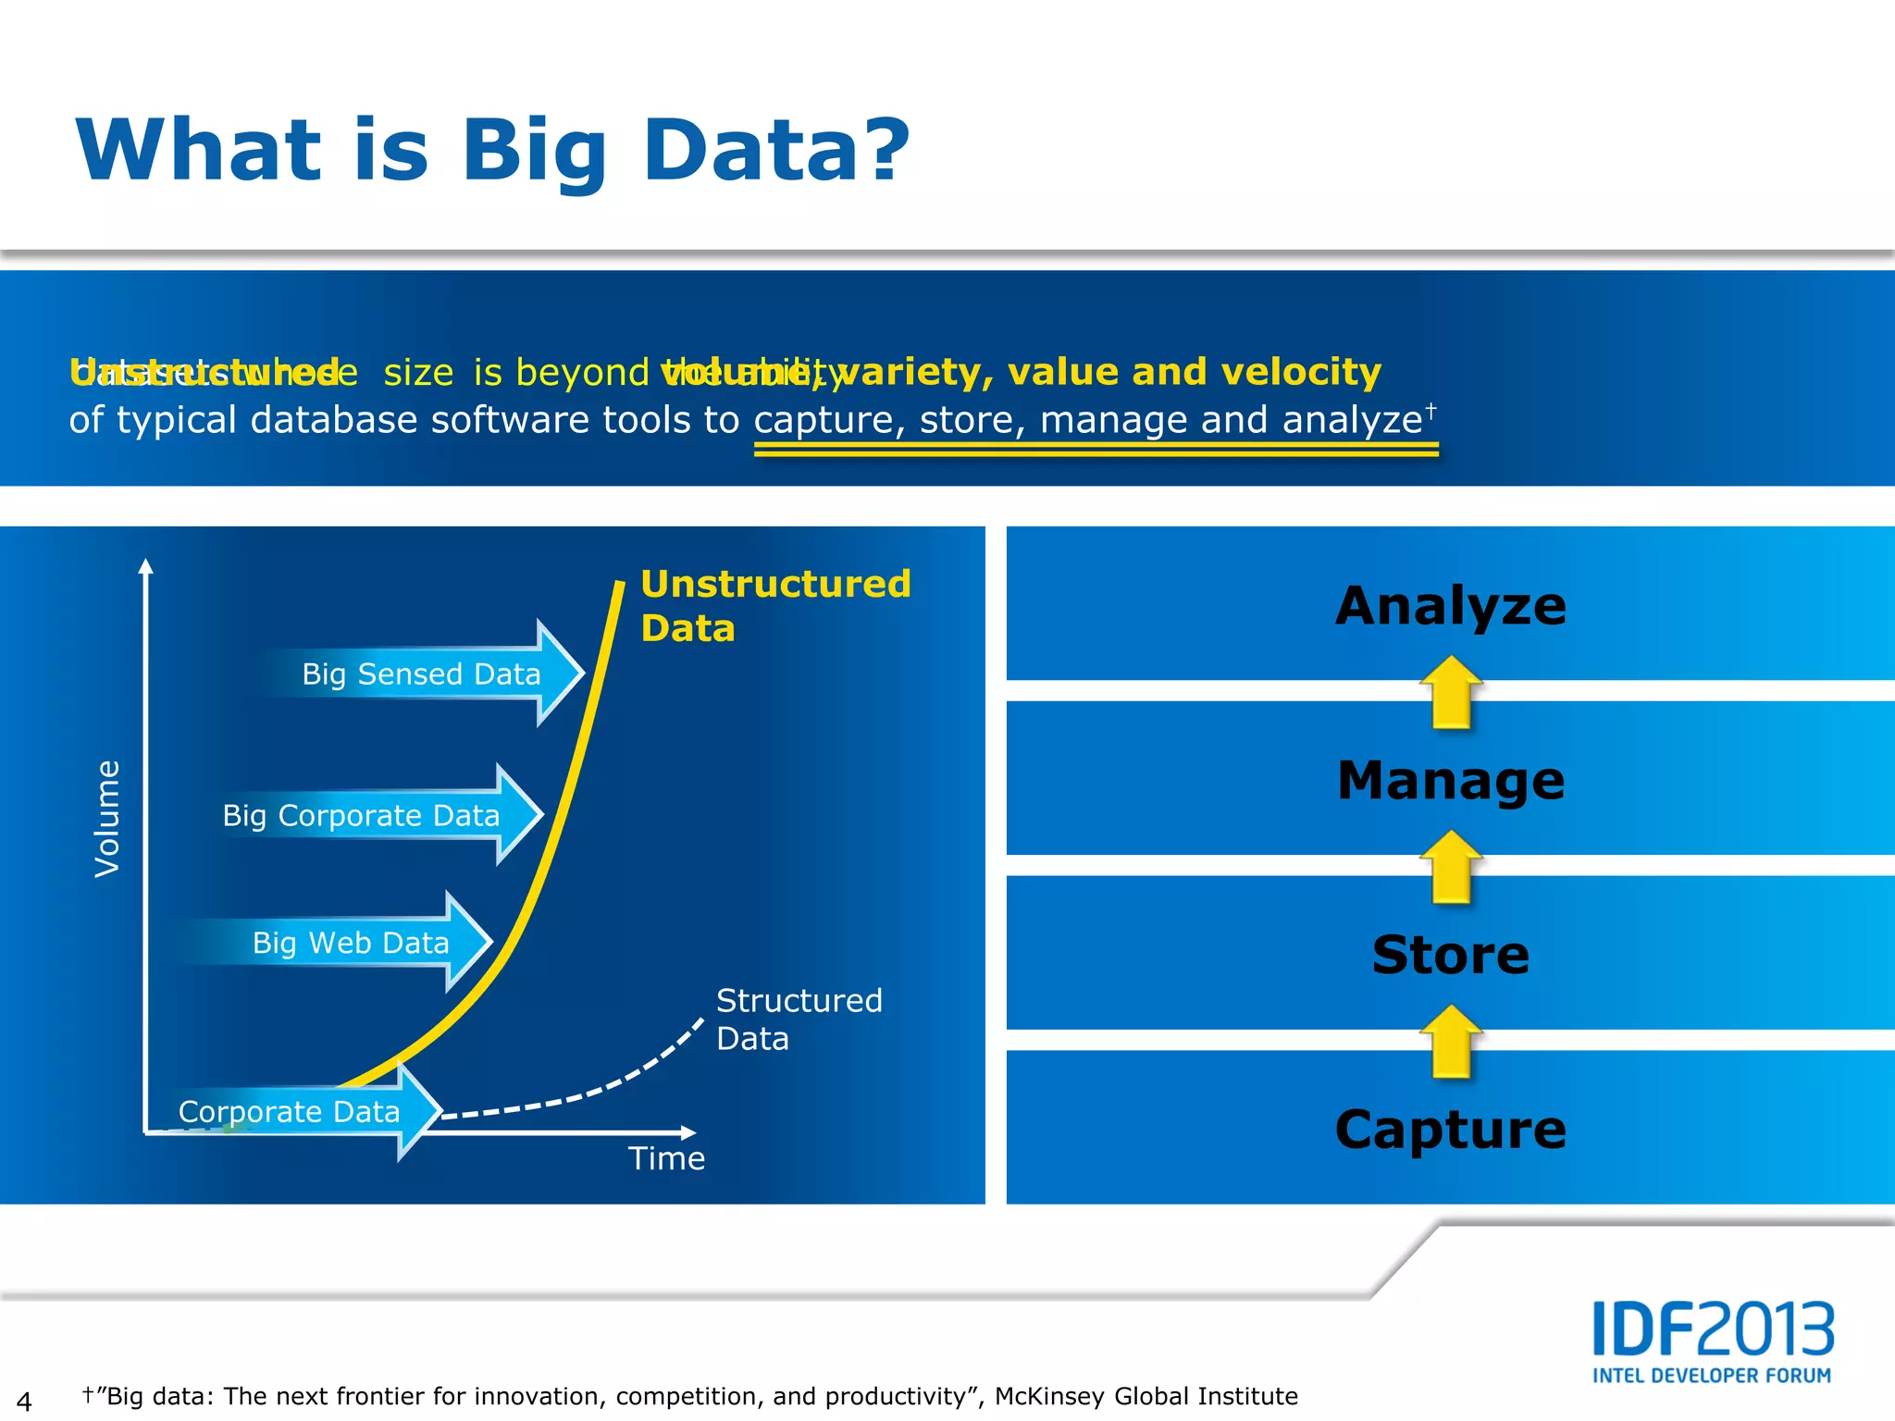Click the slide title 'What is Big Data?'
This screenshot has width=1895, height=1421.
(x=493, y=151)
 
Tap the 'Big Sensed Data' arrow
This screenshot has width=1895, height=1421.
(x=422, y=673)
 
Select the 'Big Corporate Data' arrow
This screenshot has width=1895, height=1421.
(x=362, y=815)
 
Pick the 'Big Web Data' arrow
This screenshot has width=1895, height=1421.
(x=352, y=942)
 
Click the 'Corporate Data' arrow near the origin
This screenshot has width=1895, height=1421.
(x=290, y=1111)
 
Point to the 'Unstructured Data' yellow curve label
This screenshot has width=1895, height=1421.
(x=775, y=605)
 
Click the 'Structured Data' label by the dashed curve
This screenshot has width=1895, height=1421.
(x=799, y=1019)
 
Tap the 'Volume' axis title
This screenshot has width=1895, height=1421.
(x=107, y=818)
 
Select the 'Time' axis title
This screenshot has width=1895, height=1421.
(x=666, y=1158)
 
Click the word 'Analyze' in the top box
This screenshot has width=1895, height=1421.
(x=1450, y=606)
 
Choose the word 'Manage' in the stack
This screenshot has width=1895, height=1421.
(x=1450, y=780)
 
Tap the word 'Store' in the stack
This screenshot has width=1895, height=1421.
(x=1450, y=955)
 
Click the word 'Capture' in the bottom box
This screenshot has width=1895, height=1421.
(x=1450, y=1129)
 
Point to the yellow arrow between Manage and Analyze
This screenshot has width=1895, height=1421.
(x=1451, y=692)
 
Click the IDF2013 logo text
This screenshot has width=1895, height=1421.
(x=1713, y=1328)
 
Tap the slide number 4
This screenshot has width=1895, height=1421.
(x=24, y=1401)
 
